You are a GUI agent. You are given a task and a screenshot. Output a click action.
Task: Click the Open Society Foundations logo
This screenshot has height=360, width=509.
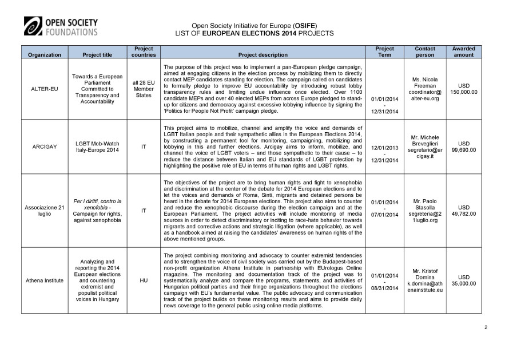click(61, 26)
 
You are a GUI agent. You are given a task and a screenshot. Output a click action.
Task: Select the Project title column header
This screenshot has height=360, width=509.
click(97, 55)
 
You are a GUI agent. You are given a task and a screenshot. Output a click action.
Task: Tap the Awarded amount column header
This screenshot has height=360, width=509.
click(463, 52)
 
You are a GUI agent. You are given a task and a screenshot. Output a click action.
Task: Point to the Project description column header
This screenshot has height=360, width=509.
click(263, 55)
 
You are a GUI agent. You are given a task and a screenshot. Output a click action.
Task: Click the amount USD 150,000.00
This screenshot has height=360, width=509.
click(463, 89)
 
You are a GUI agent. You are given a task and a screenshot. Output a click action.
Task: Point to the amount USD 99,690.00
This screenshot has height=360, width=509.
click(463, 147)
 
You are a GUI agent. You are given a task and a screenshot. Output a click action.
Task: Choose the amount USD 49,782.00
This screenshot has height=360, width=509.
click(463, 211)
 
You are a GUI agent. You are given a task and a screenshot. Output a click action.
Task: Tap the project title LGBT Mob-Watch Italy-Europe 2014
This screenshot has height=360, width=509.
click(97, 147)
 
